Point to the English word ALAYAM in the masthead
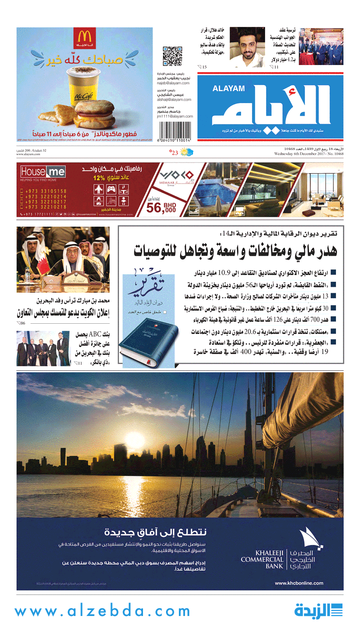(228, 89)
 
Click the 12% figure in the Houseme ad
(99, 178)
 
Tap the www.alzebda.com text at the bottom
(102, 611)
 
